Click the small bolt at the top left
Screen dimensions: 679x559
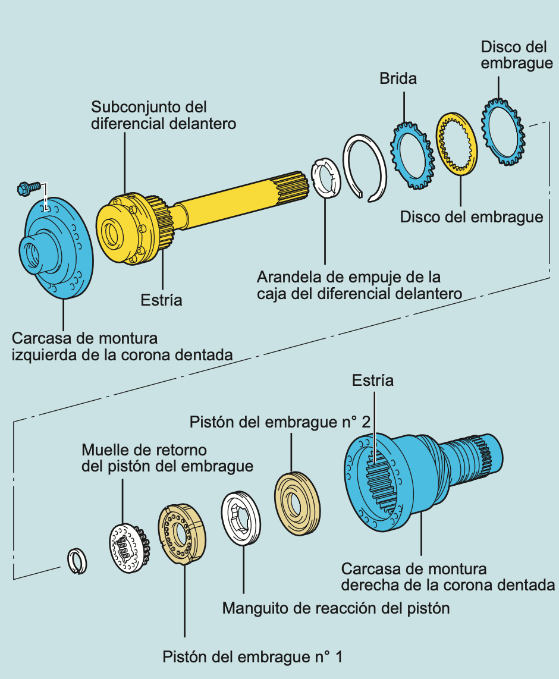(26, 188)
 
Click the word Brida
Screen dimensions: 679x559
(398, 78)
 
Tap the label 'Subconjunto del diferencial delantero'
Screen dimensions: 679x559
(164, 115)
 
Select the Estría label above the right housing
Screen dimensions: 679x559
(373, 381)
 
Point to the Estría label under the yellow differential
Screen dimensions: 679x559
(161, 300)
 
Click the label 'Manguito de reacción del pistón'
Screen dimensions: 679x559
(335, 608)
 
